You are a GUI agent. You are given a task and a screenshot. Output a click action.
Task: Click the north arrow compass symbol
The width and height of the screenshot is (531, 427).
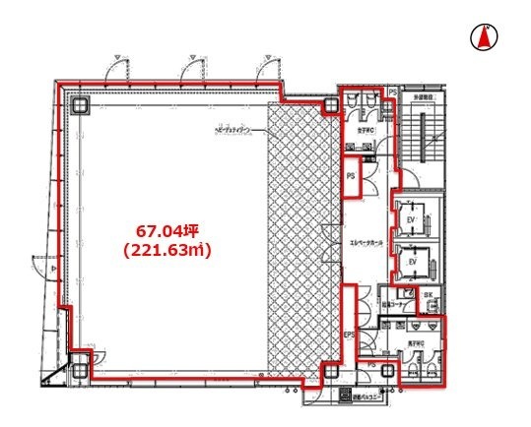[x=484, y=37]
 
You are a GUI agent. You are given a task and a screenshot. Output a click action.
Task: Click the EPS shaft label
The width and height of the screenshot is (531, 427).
[x=348, y=335]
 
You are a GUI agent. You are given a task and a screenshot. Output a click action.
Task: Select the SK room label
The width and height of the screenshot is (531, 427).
[x=428, y=295]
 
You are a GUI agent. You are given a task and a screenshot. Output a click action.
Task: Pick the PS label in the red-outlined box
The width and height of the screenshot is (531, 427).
[x=351, y=175]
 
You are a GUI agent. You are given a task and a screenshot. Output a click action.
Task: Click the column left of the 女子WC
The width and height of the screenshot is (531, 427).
[x=330, y=104]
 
